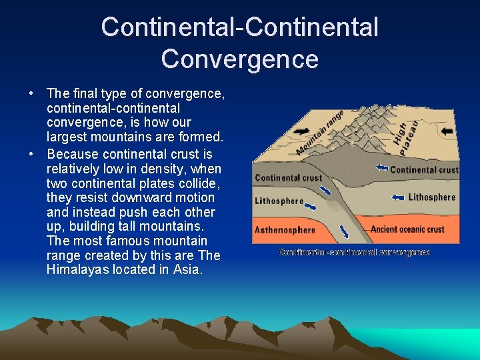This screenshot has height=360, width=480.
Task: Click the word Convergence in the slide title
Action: click(x=239, y=59)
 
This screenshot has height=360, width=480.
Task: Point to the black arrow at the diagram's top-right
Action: click(x=446, y=131)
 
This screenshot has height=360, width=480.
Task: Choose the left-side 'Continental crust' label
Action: click(x=288, y=178)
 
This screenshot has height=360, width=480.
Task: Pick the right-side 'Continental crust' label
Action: click(x=424, y=170)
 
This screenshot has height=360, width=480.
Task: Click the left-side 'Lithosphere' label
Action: click(x=279, y=201)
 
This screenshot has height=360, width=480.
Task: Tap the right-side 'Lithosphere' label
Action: click(x=431, y=197)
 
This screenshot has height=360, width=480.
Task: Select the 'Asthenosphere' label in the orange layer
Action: click(x=285, y=230)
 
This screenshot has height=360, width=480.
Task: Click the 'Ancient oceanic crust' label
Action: click(x=407, y=229)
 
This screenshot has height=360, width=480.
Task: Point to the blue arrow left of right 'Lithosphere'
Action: click(x=397, y=197)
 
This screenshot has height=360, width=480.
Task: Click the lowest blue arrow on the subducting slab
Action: click(x=344, y=231)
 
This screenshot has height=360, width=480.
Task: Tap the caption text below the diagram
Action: click(x=354, y=252)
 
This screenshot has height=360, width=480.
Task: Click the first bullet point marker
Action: click(x=32, y=93)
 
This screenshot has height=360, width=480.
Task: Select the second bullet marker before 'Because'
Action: click(x=32, y=154)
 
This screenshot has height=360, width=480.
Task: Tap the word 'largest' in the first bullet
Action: click(x=67, y=137)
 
